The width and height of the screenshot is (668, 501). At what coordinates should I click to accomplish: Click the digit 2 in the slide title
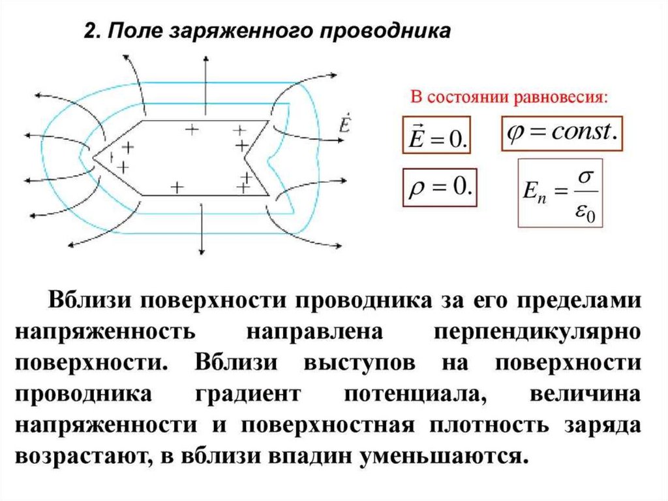(x=90, y=31)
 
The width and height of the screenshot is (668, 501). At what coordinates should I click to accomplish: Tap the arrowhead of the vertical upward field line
(x=205, y=61)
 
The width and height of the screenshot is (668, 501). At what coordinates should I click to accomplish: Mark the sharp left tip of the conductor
(x=93, y=157)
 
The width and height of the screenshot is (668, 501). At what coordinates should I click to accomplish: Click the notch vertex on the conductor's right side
(x=245, y=157)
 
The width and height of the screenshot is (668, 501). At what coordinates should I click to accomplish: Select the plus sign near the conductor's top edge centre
(x=191, y=129)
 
